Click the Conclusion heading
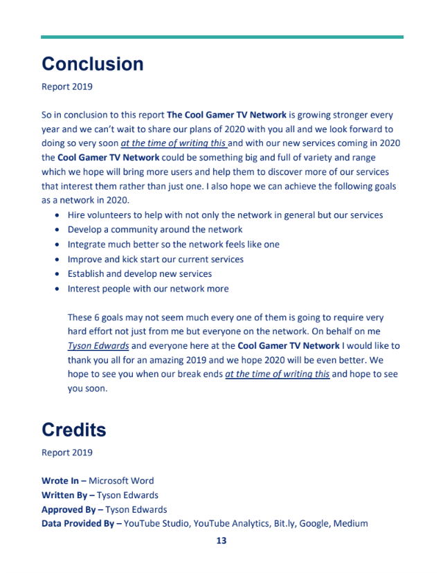coord(93,64)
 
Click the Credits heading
coord(74,430)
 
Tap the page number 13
coord(221,540)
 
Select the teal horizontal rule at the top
coord(221,37)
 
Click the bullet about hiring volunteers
coord(225,215)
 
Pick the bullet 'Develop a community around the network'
coord(155,229)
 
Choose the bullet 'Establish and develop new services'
coord(140,273)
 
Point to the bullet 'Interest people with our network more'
coord(148,289)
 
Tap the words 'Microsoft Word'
coord(121,480)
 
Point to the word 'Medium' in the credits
coord(350,524)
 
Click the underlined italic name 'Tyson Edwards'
coord(98,345)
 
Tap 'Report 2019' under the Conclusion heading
coord(66,87)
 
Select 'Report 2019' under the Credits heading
coord(66,453)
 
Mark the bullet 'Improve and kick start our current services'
coord(156,259)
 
